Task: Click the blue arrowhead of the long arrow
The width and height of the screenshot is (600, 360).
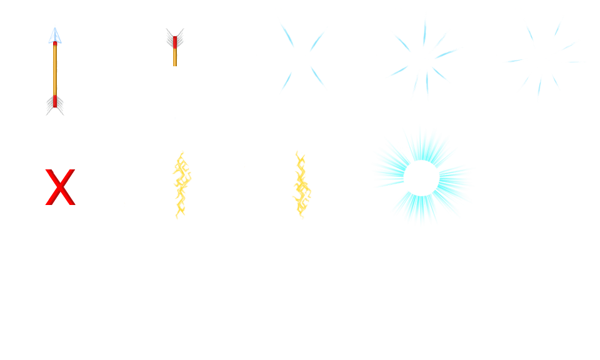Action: tap(55, 34)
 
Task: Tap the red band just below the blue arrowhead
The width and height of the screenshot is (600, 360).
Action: tap(55, 44)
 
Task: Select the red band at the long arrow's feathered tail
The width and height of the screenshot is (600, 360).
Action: tap(55, 101)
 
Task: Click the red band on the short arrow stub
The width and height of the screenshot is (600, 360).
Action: tap(175, 42)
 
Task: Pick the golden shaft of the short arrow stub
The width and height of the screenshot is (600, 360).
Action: tap(175, 57)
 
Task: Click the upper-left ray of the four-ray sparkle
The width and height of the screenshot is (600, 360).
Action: tap(288, 36)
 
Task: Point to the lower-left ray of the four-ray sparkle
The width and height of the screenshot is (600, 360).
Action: tap(287, 81)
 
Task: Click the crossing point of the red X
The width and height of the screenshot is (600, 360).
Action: tap(60, 187)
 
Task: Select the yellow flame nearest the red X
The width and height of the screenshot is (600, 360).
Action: tap(181, 184)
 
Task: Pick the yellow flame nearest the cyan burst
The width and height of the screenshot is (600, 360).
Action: tap(301, 184)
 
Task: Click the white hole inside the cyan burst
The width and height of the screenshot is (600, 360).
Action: tap(421, 177)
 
